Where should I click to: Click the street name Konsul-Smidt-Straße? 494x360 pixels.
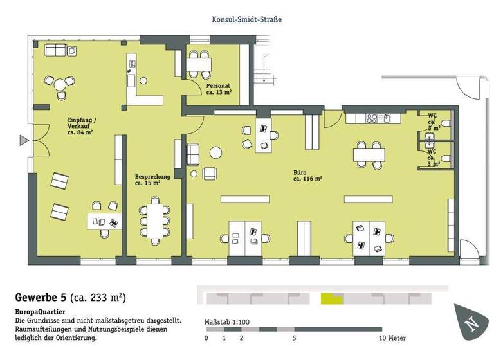point(247,19)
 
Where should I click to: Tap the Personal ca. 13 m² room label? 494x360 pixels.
point(218,89)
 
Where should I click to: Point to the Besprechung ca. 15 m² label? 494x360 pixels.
point(152,179)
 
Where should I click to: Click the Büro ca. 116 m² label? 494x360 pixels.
point(307,175)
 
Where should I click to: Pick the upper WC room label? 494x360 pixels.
point(432,121)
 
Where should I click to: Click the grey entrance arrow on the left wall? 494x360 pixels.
point(23,140)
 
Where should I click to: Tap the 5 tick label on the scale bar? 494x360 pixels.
point(294,337)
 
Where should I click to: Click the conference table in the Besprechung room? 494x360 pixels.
point(154,220)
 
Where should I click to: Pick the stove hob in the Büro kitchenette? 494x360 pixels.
point(373,118)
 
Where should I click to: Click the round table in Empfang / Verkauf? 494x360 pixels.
point(60,84)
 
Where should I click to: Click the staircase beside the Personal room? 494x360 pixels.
point(264,65)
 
